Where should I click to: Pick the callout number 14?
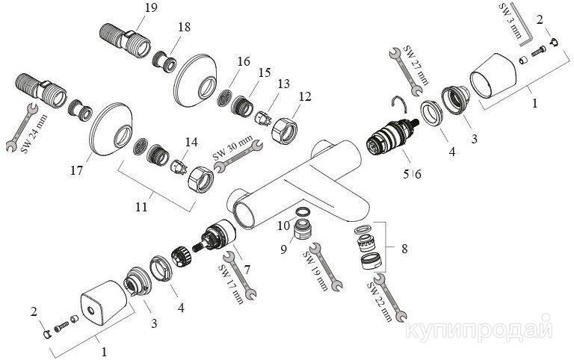click(191, 141)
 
